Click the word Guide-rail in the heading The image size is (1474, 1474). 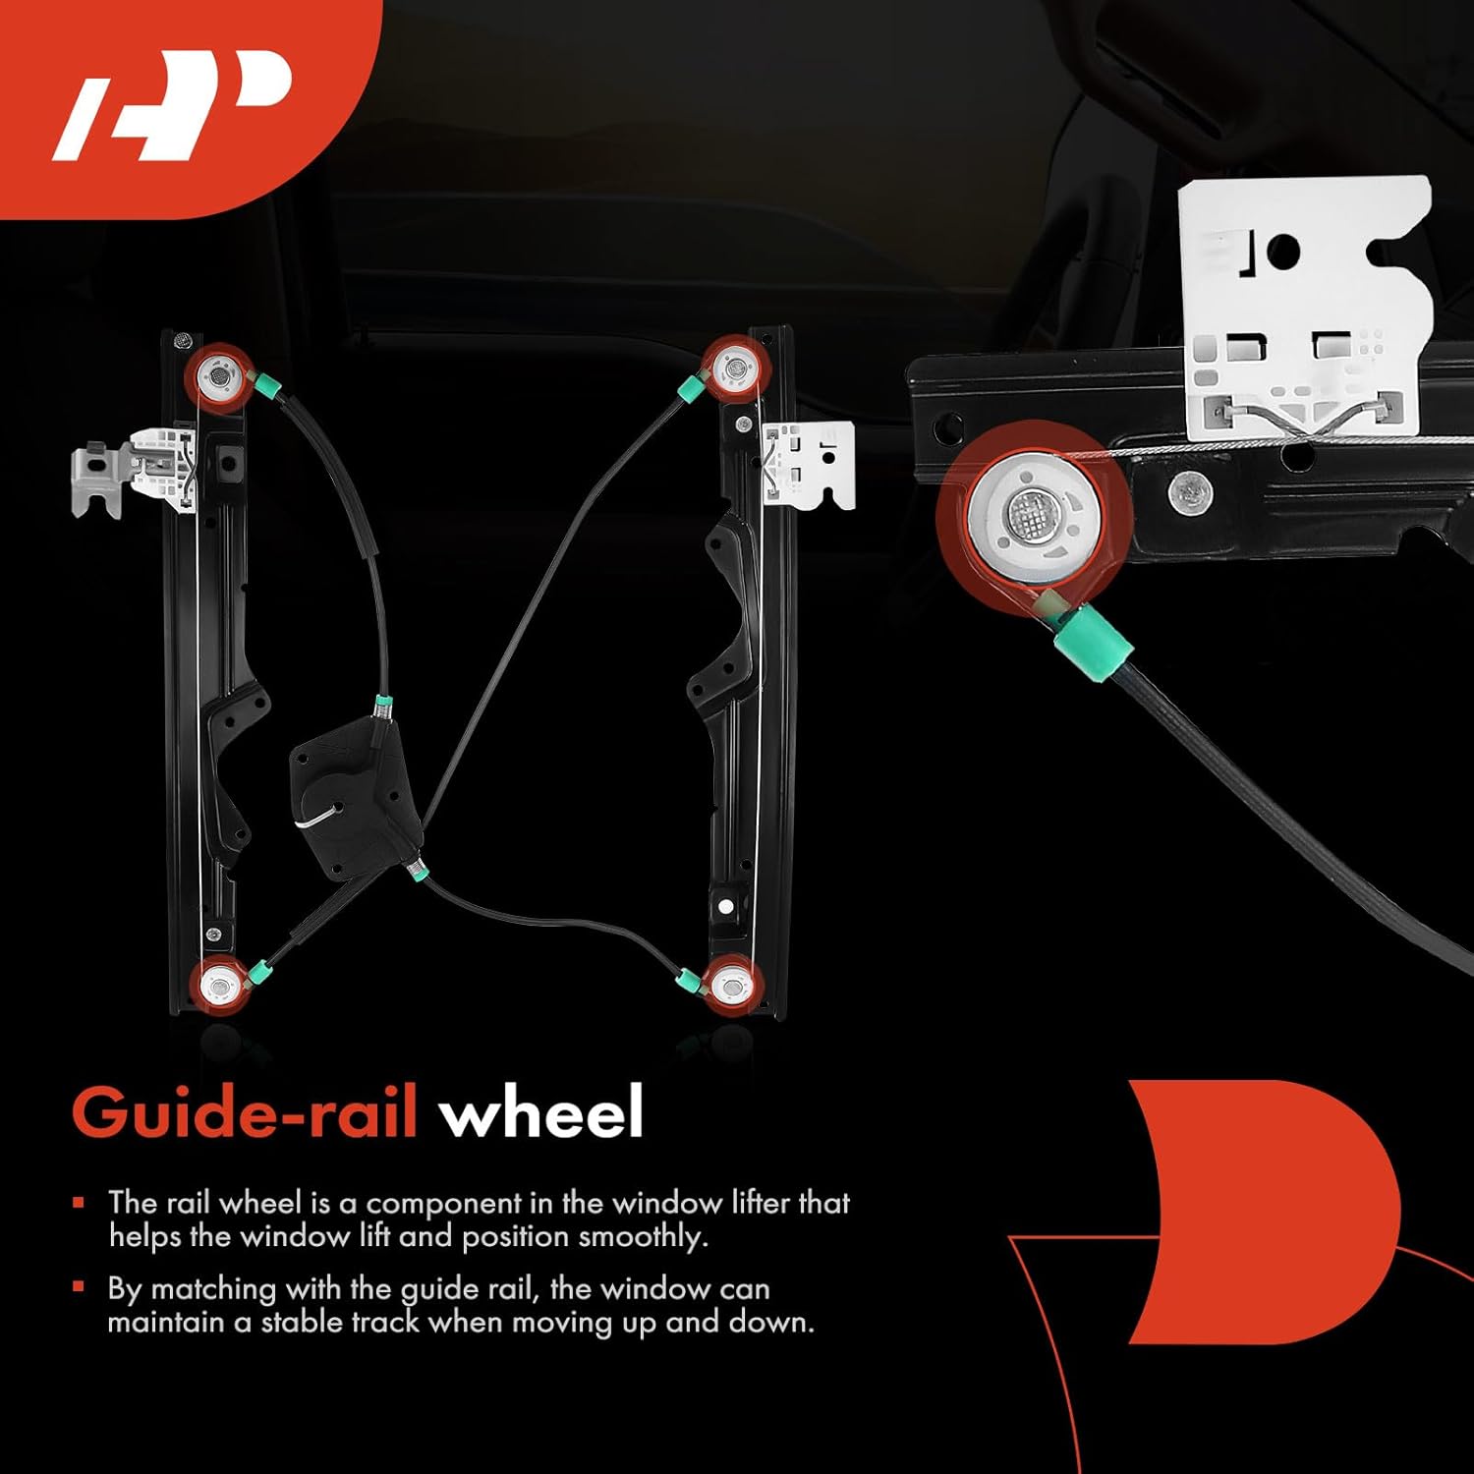[245, 1113]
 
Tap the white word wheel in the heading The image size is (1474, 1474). [540, 1113]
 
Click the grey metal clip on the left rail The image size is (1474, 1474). [99, 477]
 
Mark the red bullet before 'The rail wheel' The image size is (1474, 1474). [79, 1202]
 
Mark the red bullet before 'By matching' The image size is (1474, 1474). [79, 1287]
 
